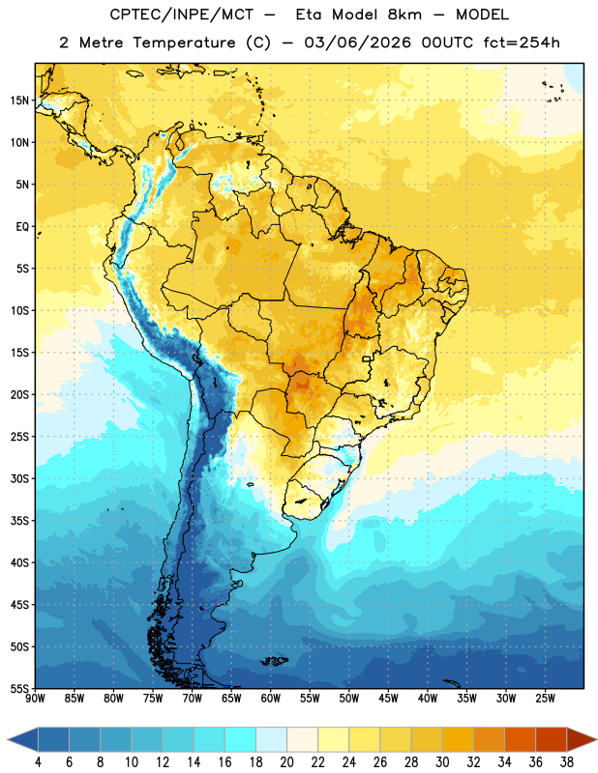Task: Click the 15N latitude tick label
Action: pyautogui.click(x=19, y=100)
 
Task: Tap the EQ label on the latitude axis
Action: pyautogui.click(x=22, y=227)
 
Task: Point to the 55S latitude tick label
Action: pyautogui.click(x=19, y=689)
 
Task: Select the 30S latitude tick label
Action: pyautogui.click(x=19, y=478)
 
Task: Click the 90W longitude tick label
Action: pyautogui.click(x=35, y=699)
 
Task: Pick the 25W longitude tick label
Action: pyautogui.click(x=545, y=699)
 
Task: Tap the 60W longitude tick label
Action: pyautogui.click(x=271, y=699)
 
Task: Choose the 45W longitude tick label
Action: pyautogui.click(x=388, y=699)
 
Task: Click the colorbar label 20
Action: pyautogui.click(x=286, y=762)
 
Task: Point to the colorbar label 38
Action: pyautogui.click(x=567, y=762)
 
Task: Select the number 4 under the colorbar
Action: pyautogui.click(x=38, y=762)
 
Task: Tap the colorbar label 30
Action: pyautogui.click(x=442, y=762)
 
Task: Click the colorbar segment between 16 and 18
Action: pyautogui.click(x=240, y=739)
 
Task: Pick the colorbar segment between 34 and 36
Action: pyautogui.click(x=520, y=739)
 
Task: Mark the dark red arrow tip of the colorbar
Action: pyautogui.click(x=596, y=739)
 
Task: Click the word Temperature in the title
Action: pyautogui.click(x=184, y=43)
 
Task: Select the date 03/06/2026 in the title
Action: pyautogui.click(x=357, y=43)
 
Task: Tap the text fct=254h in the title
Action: pyautogui.click(x=522, y=43)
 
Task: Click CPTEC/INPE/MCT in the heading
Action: pyautogui.click(x=181, y=14)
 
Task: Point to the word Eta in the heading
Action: pyautogui.click(x=310, y=14)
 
